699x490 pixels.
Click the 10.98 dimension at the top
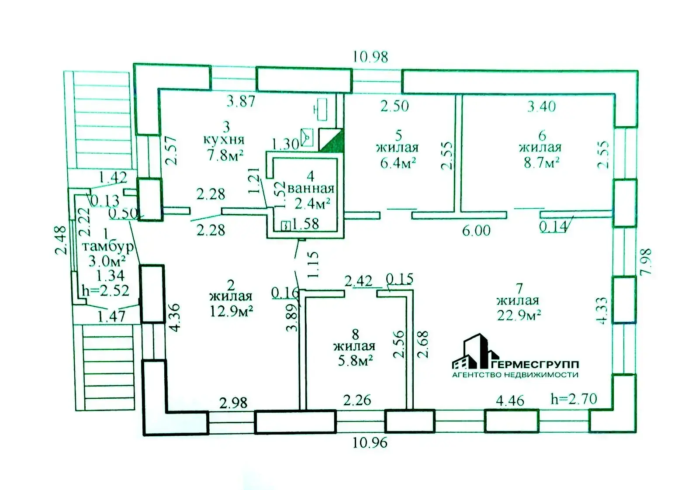370,57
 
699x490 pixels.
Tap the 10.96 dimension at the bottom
370,442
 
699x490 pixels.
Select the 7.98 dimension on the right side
646,262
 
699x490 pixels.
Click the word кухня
224,140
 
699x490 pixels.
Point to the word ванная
311,189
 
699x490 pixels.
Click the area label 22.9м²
519,314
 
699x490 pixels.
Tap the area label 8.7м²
542,162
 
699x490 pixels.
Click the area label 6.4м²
398,163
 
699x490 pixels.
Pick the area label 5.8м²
355,360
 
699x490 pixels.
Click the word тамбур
107,247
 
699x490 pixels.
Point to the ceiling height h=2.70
574,398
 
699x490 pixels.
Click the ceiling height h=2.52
105,290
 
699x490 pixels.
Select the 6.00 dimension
476,230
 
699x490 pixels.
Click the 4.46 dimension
510,400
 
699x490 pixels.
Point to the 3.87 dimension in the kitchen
240,101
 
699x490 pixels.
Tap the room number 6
542,135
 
